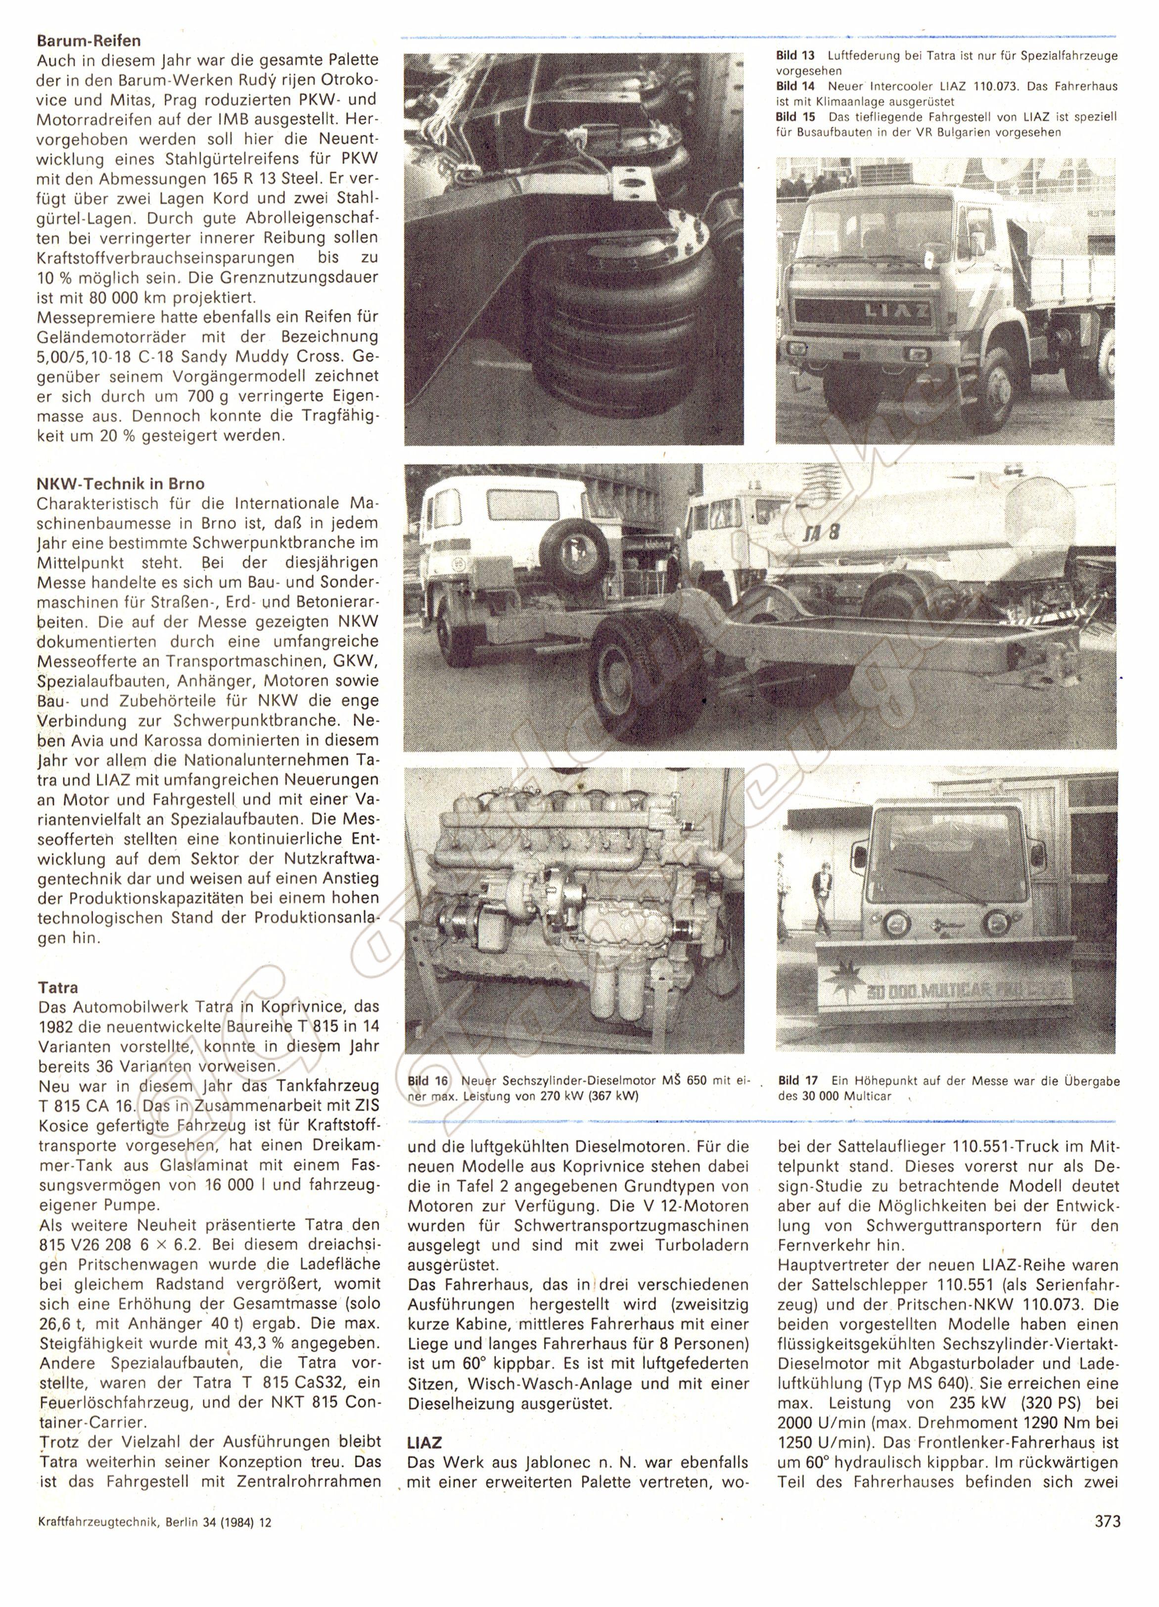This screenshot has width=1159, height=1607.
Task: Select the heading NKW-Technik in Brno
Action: pyautogui.click(x=121, y=485)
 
